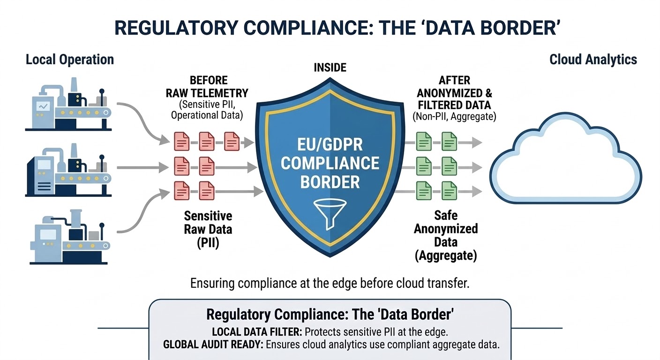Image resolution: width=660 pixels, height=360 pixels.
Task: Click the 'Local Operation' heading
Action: point(70,60)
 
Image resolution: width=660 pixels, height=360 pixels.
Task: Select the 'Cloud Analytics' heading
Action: point(593,60)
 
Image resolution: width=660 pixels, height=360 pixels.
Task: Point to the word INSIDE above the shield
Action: point(330,67)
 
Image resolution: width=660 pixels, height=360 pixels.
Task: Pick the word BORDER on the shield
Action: point(330,181)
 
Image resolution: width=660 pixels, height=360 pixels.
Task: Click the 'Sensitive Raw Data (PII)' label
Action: point(208,230)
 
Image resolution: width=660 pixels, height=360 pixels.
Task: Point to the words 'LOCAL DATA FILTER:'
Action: point(257,332)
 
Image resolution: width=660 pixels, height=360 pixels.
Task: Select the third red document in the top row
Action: point(232,141)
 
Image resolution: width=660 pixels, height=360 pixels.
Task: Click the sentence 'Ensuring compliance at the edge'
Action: point(330,284)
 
